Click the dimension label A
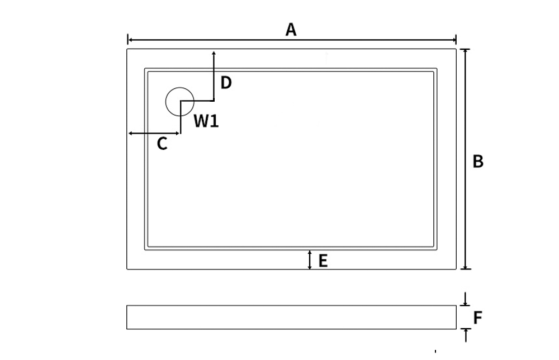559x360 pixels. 291,29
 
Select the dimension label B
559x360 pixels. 478,161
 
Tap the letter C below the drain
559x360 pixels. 162,144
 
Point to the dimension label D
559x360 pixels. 226,83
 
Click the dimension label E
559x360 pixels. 323,260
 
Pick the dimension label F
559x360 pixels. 478,318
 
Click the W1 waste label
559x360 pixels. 206,121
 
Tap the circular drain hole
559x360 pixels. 180,102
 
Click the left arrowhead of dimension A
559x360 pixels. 130,40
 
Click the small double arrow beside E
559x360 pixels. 310,260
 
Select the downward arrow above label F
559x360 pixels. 465,302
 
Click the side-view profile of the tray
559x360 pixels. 291,317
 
